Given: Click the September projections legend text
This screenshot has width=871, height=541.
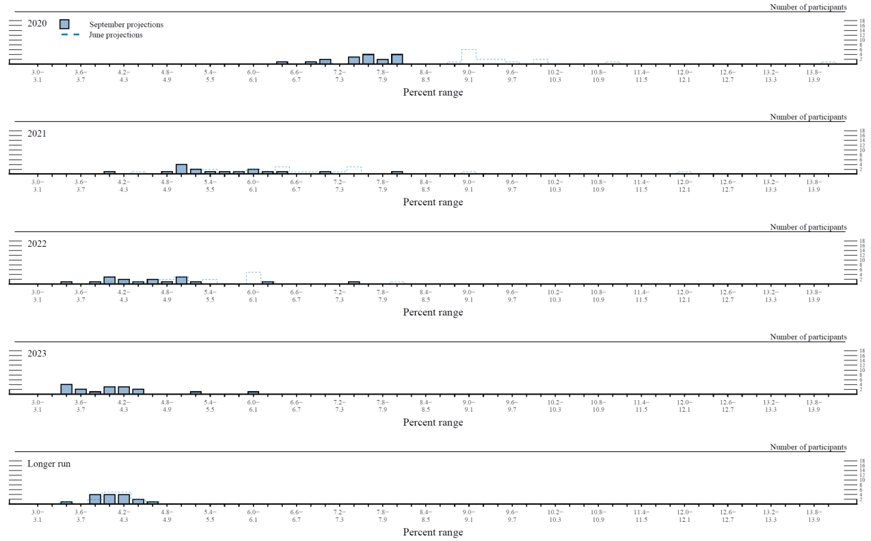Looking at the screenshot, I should point(126,25).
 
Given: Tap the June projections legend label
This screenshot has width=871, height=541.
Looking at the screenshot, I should point(116,35).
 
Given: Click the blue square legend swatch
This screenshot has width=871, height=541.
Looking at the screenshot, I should point(64,24).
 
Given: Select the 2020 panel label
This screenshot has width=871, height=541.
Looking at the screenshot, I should point(37,23).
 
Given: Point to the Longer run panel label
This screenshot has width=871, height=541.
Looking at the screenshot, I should point(49,464).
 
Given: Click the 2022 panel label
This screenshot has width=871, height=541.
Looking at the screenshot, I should point(37,243).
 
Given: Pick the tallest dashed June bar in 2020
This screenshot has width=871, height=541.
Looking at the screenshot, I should point(468,56).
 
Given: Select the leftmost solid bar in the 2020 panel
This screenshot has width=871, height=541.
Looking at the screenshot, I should point(282,62).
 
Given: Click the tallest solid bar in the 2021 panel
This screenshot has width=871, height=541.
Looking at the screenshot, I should point(181,168).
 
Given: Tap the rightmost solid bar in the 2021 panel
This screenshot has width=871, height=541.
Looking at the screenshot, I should point(397,172).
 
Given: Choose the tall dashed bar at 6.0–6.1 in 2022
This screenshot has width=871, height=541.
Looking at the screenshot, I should point(253,277).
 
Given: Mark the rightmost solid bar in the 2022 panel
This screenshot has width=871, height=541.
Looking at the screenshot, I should point(353,282).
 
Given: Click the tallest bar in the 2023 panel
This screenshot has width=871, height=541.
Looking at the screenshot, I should point(66,388).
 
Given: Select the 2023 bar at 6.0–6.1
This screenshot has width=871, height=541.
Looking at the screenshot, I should point(253,392).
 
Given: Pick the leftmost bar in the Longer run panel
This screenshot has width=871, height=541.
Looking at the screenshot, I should point(66,502).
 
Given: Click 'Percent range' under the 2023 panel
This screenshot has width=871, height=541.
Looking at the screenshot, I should point(433,423).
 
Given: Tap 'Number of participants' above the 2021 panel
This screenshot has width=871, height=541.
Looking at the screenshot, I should point(807,117).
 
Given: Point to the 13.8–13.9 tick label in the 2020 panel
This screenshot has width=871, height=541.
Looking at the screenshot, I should point(814,76).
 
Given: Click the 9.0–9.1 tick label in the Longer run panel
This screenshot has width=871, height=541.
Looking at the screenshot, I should point(468,516).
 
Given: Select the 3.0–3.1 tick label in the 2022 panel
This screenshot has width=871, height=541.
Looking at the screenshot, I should point(38,296).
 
